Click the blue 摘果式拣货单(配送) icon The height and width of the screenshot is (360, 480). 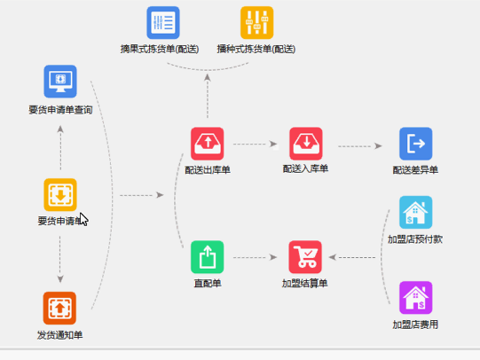[x=163, y=23]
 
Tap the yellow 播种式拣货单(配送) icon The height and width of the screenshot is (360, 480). [x=256, y=23]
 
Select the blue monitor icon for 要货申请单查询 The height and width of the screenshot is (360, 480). [x=60, y=82]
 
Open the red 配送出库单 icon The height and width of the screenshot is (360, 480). [x=208, y=144]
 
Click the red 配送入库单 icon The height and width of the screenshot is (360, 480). [x=306, y=144]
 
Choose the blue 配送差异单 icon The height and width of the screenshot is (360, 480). [x=415, y=144]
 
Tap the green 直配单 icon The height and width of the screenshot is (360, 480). [x=208, y=257]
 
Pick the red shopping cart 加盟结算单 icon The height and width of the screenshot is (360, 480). [x=306, y=257]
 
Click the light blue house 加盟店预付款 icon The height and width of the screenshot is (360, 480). [x=415, y=213]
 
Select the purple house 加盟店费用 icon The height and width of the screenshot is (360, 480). [x=415, y=298]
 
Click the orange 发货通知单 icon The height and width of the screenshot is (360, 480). [x=60, y=308]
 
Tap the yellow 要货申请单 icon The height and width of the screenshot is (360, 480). [x=60, y=194]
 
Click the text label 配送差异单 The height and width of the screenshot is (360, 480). [x=415, y=169]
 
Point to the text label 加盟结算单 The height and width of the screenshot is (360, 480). [x=306, y=284]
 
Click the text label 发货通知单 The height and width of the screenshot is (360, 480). [x=60, y=334]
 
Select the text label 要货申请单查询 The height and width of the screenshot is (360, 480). [x=60, y=110]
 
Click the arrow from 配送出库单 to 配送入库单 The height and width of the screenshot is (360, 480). [x=256, y=144]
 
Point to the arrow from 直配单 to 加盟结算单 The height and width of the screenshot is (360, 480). [x=256, y=258]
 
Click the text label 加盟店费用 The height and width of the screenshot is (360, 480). [x=415, y=325]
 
